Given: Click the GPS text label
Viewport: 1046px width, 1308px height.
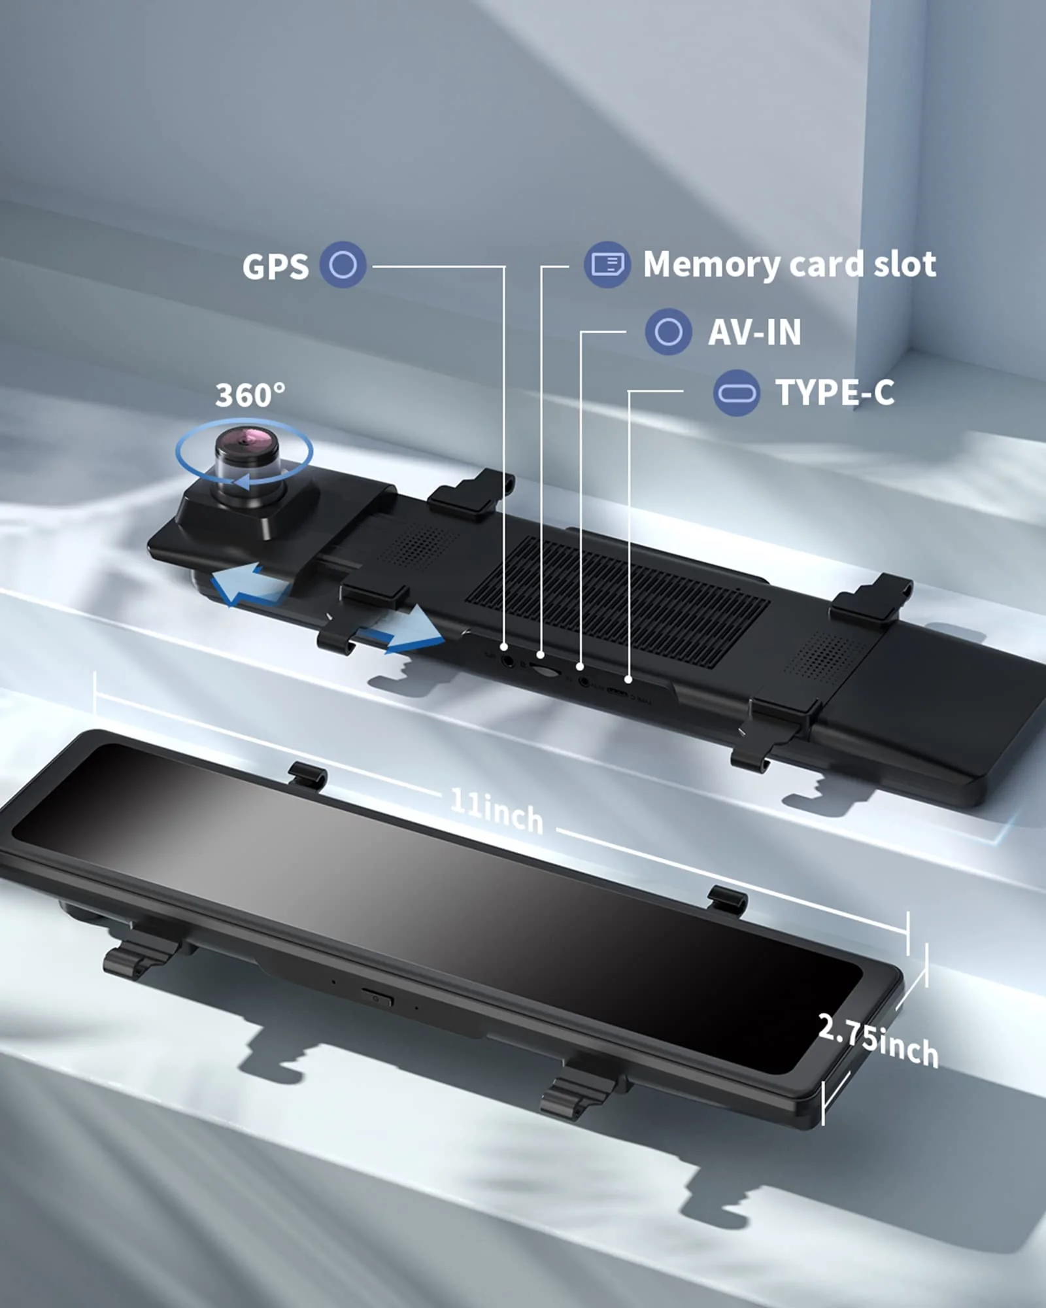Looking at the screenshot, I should pyautogui.click(x=275, y=267).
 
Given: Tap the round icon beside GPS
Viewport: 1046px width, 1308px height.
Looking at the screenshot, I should pyautogui.click(x=343, y=265).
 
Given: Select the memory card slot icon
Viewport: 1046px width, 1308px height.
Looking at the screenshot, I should pyautogui.click(x=607, y=264).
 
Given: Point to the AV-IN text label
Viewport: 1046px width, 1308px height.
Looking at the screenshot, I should pyautogui.click(x=754, y=332).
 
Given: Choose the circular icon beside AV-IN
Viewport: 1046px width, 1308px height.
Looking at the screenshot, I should pyautogui.click(x=668, y=332).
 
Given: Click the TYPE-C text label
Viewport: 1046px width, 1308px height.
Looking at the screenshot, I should pyautogui.click(x=835, y=392).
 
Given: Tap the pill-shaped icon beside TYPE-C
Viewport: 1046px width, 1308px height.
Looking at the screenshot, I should pyautogui.click(x=736, y=393).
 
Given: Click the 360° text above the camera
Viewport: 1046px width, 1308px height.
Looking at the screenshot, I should pyautogui.click(x=250, y=395).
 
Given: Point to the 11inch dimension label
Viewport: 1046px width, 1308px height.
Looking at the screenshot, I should pyautogui.click(x=498, y=811).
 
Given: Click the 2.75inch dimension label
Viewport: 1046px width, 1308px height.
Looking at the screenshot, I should pyautogui.click(x=878, y=1040).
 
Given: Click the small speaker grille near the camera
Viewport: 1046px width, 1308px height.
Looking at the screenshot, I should pyautogui.click(x=418, y=546).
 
